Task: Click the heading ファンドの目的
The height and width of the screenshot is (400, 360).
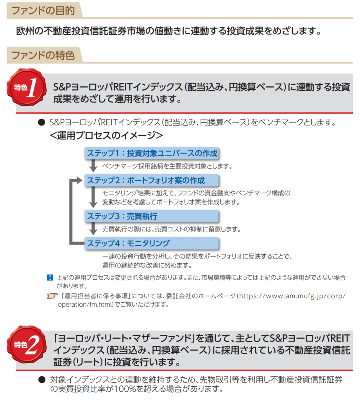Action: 43,11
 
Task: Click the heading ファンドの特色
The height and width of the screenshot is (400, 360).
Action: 43,55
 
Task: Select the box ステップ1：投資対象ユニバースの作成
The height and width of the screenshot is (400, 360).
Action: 152,153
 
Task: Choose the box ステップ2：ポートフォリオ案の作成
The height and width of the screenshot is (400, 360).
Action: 152,180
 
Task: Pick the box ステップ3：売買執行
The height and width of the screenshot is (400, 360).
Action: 152,216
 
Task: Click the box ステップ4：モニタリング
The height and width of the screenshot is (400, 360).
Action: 152,243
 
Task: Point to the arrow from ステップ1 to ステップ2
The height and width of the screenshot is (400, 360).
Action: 93,166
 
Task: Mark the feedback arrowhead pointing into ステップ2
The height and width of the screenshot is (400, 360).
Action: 80,180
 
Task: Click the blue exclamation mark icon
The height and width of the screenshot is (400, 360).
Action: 50,278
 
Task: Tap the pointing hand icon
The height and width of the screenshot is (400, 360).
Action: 51,297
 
